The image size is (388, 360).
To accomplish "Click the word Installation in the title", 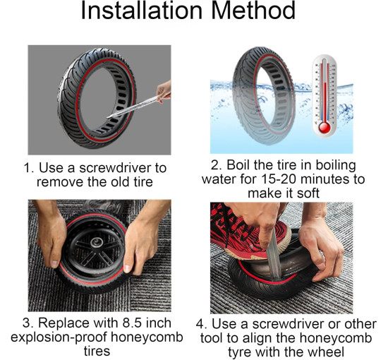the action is tap(142, 11).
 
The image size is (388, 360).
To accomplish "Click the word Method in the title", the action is tap(253, 11).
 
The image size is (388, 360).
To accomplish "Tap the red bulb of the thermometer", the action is tap(325, 128).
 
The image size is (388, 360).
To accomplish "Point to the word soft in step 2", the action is tap(308, 193).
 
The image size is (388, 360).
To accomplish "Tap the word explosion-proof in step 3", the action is tap(59, 337).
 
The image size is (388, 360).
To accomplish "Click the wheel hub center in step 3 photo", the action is tap(97, 243).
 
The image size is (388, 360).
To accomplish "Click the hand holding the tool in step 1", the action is tap(164, 90).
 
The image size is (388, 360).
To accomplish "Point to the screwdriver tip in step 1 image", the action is tap(108, 118).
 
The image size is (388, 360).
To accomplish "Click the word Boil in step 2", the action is tap(238, 165).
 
